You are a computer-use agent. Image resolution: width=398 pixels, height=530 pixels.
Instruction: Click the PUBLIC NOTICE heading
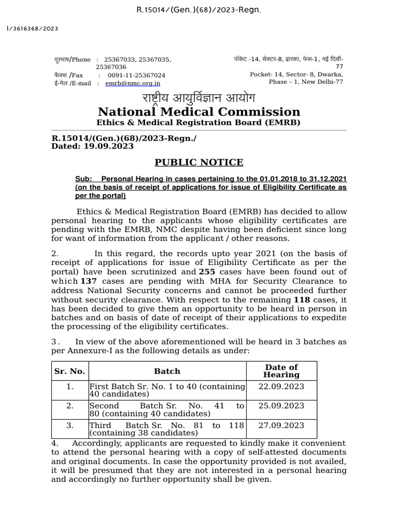pos(199,163)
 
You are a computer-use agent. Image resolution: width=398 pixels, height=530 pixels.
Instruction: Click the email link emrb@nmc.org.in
pos(133,83)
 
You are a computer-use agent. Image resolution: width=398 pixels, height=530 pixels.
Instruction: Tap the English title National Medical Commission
pos(199,112)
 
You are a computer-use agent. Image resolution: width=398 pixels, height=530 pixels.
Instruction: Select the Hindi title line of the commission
pos(199,98)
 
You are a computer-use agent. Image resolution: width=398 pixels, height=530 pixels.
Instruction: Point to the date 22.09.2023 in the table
pos(281,387)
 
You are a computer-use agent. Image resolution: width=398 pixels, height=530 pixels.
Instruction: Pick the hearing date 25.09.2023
pos(281,406)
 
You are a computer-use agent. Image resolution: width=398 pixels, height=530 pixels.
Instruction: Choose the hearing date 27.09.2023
pos(281,425)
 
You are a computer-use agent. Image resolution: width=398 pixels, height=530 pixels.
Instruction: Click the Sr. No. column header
pos(69,371)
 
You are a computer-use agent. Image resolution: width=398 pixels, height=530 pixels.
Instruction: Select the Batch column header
pos(167,371)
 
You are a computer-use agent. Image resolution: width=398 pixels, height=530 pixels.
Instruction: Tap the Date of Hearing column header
pos(281,371)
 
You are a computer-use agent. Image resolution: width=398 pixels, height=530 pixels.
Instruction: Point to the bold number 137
pos(89,281)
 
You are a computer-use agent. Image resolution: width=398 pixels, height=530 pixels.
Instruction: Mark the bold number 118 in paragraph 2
pos(302,300)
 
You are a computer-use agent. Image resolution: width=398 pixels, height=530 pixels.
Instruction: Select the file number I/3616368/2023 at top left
pos(32,28)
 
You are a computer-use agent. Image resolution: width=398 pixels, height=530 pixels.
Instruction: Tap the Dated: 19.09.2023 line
pos(92,146)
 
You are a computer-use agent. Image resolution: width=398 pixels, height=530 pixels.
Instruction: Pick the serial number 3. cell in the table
pos(69,425)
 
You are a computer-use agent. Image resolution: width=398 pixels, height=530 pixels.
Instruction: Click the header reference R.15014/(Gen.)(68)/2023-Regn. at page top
pos(199,10)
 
